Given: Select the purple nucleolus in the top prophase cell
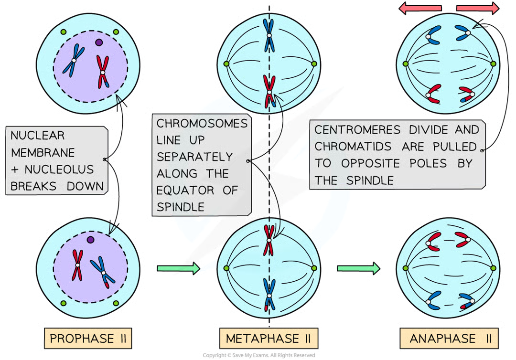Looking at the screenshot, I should click(x=99, y=42).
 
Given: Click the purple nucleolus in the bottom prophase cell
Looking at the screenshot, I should click(x=90, y=239).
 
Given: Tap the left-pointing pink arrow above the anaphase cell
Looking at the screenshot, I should click(x=420, y=8).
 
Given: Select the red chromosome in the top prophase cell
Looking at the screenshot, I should click(x=102, y=72).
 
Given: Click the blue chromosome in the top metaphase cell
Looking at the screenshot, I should click(x=269, y=35).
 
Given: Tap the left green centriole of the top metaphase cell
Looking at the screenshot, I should click(x=226, y=63).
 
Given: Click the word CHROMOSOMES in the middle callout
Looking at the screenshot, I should click(x=202, y=123).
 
